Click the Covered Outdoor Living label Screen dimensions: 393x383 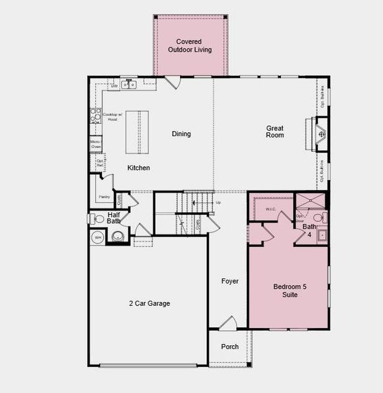pos(190,46)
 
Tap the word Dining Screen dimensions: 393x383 pos(181,134)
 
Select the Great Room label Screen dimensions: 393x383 pos(275,132)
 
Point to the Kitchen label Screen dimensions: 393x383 pos(139,168)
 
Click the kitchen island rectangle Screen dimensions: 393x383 pos(137,132)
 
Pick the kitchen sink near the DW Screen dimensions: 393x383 pos(130,84)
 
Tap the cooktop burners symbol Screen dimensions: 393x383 pos(94,115)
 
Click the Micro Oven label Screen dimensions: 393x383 pos(96,143)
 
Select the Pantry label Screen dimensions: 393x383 pos(103,196)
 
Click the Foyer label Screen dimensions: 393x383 pos(229,282)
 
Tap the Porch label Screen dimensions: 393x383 pos(229,346)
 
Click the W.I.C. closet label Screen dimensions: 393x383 pos(271,209)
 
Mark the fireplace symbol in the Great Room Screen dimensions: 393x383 pos(321,135)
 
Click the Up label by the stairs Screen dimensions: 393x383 pos(218,202)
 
